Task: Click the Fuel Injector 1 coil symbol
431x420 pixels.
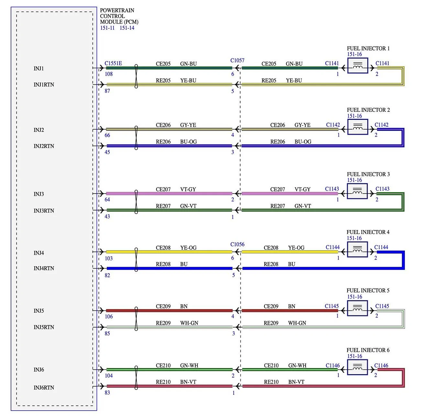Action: coord(358,66)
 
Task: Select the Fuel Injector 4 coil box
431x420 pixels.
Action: coord(357,249)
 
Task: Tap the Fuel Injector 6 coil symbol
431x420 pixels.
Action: coord(357,367)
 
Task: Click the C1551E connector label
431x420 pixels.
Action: coord(113,63)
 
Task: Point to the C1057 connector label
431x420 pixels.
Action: coord(237,60)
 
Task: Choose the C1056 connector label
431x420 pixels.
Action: coord(237,244)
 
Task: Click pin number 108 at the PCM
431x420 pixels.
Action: coord(108,74)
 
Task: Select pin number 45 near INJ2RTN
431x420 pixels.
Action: coord(107,152)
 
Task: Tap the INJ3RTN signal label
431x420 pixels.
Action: coord(44,211)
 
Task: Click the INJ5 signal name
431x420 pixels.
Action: coord(39,311)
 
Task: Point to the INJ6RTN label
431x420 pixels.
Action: coord(44,388)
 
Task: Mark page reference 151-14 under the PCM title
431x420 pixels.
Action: coord(127,28)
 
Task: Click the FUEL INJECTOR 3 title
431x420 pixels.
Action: coord(368,174)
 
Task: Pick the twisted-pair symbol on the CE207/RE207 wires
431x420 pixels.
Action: coord(136,202)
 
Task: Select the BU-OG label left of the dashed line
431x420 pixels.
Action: coord(188,142)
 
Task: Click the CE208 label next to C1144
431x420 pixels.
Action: coord(271,248)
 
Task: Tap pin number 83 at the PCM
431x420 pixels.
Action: coord(107,393)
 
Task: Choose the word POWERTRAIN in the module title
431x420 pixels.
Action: coord(117,10)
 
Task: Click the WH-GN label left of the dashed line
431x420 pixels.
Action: coord(189,323)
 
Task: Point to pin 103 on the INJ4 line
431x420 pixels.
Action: coord(108,258)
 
